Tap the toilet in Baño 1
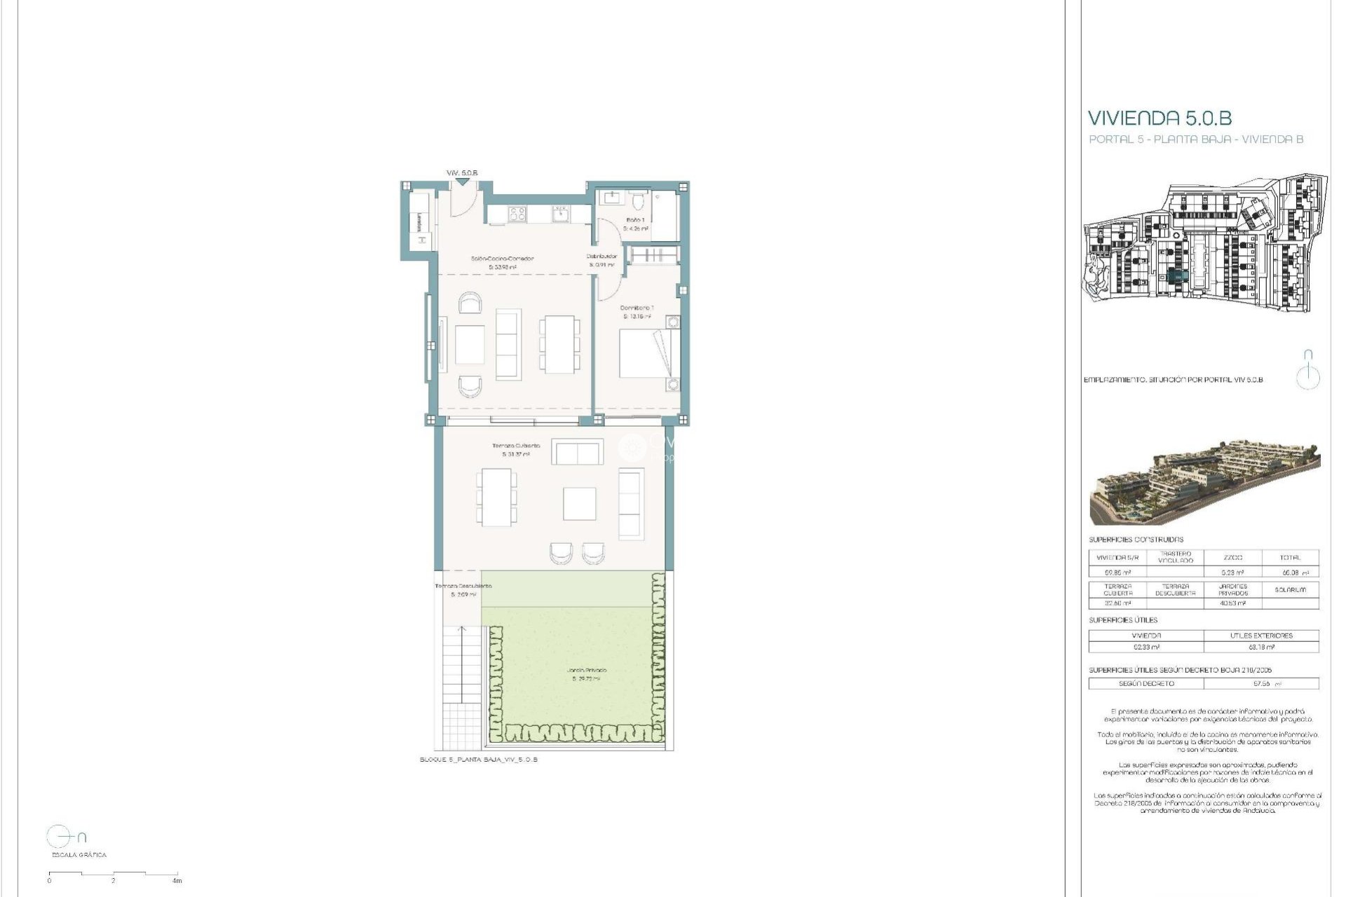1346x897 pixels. coord(638,203)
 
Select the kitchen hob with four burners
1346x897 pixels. coord(517,213)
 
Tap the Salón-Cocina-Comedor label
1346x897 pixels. coord(502,259)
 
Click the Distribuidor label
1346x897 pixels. coord(601,256)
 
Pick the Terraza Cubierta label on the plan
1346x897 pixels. coord(516,446)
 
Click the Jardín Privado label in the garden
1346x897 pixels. coord(587,671)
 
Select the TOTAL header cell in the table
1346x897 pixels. coord(1290,558)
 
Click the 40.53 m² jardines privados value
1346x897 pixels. coord(1232,603)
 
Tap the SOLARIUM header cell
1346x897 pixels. coord(1290,590)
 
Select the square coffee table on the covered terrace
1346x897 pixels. coord(580,504)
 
